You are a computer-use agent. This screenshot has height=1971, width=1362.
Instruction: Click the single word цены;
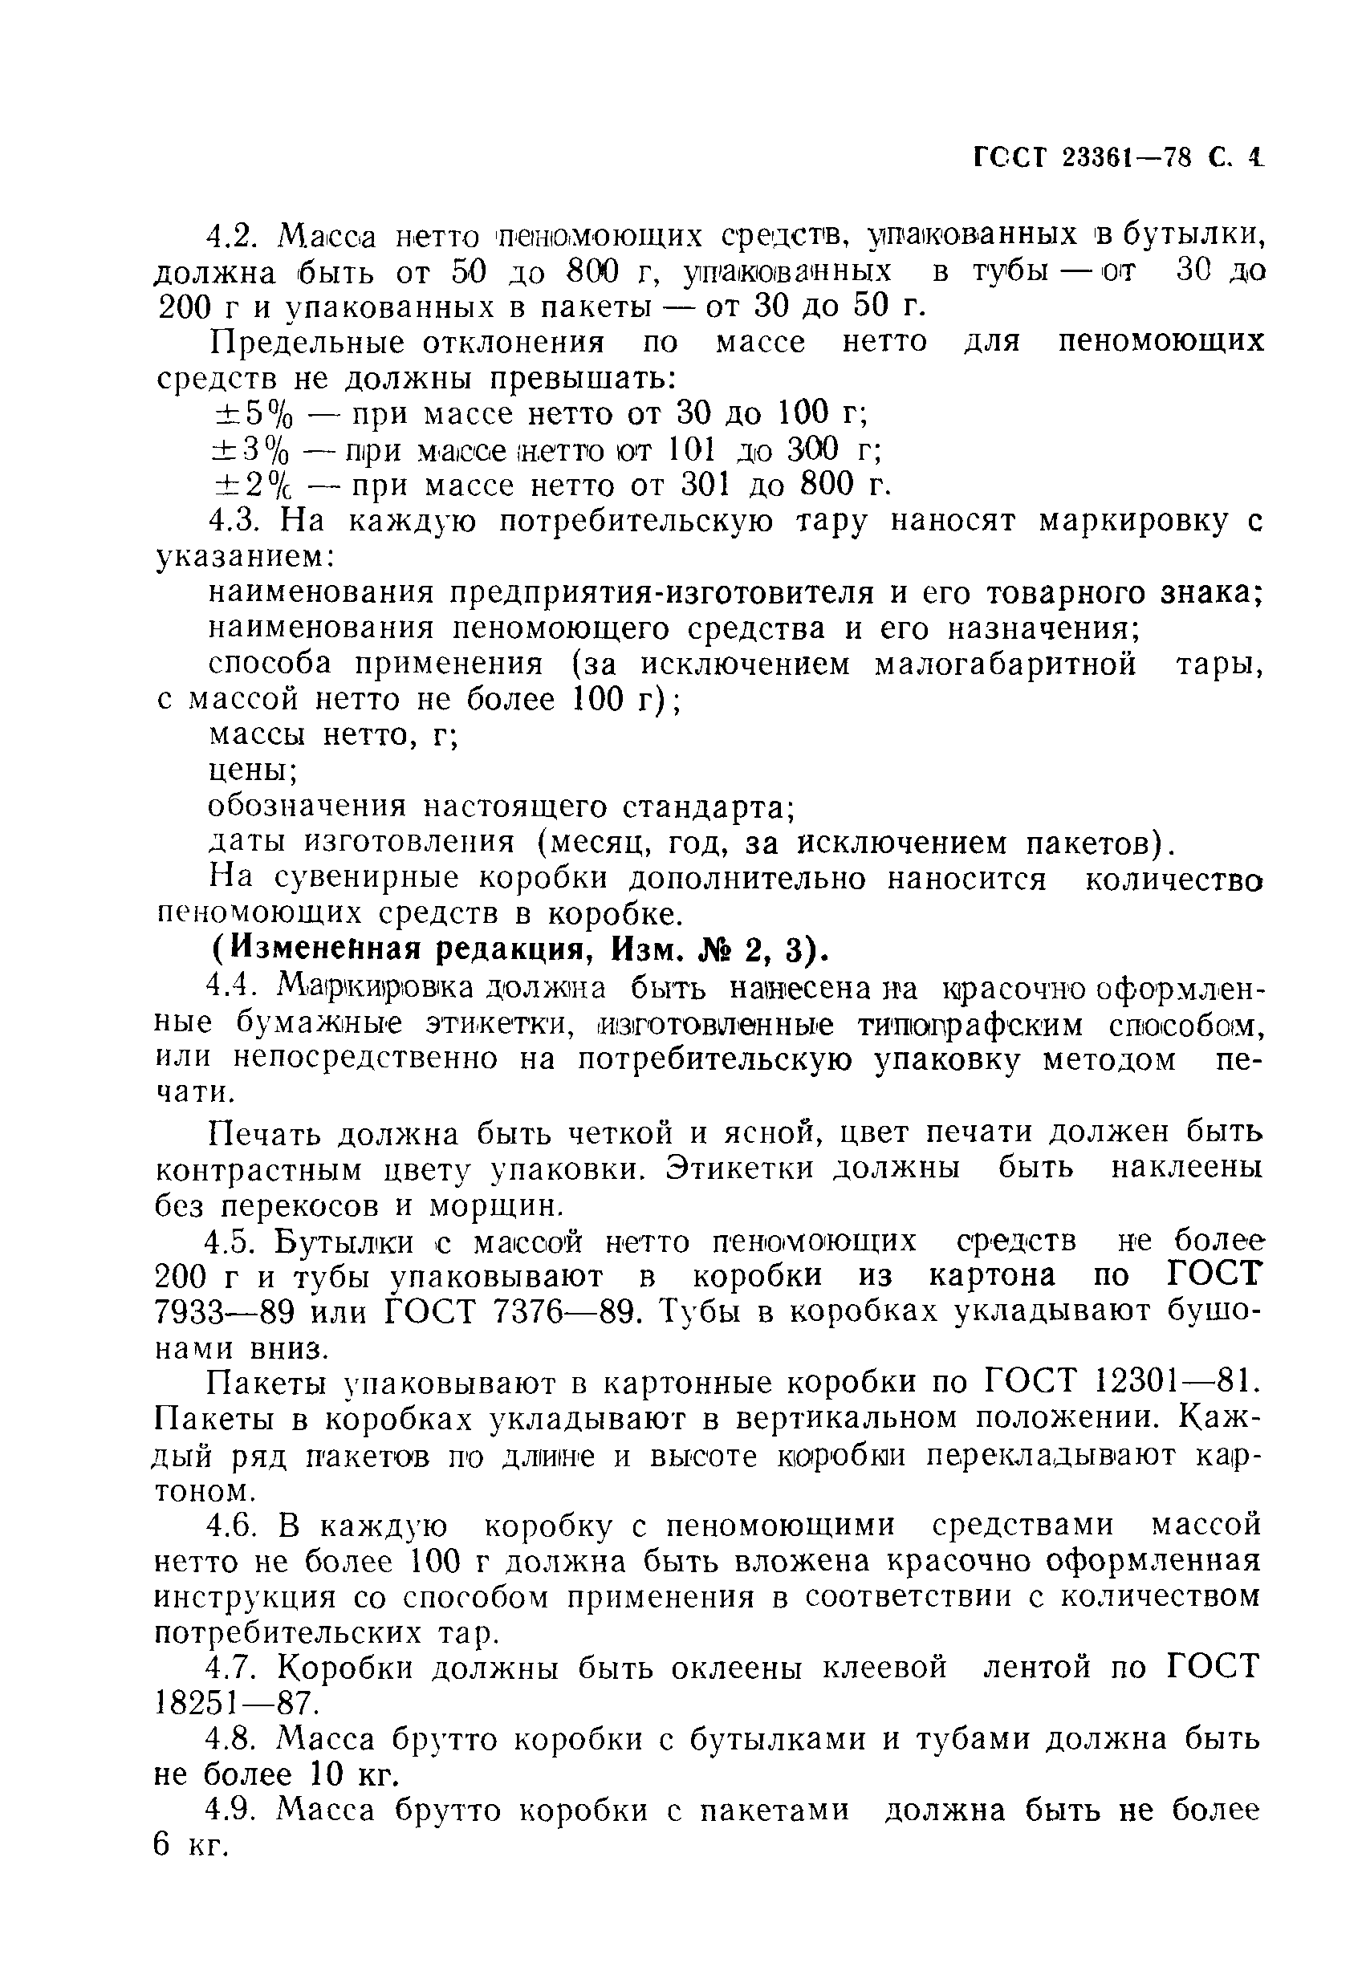pyautogui.click(x=254, y=771)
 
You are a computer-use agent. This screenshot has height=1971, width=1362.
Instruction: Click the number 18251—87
pyautogui.click(x=235, y=1705)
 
